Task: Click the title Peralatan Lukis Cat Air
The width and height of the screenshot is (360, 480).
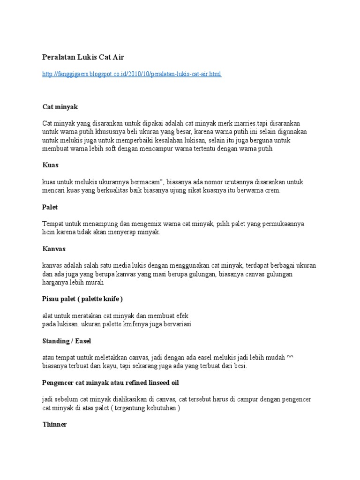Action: click(x=83, y=57)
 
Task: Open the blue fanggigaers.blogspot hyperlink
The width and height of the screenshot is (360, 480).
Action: click(x=132, y=74)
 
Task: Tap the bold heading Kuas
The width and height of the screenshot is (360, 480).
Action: click(x=50, y=165)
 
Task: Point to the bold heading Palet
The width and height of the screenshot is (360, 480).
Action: click(x=50, y=207)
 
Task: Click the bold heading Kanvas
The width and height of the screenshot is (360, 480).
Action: click(x=53, y=248)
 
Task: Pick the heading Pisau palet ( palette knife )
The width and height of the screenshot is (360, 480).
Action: click(x=83, y=299)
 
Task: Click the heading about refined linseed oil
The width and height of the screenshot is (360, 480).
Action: click(x=111, y=382)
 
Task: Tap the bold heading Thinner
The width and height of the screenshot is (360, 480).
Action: click(x=54, y=424)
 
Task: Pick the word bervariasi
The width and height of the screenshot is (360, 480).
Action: click(x=176, y=324)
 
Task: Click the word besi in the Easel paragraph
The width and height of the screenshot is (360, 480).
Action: click(x=239, y=366)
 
